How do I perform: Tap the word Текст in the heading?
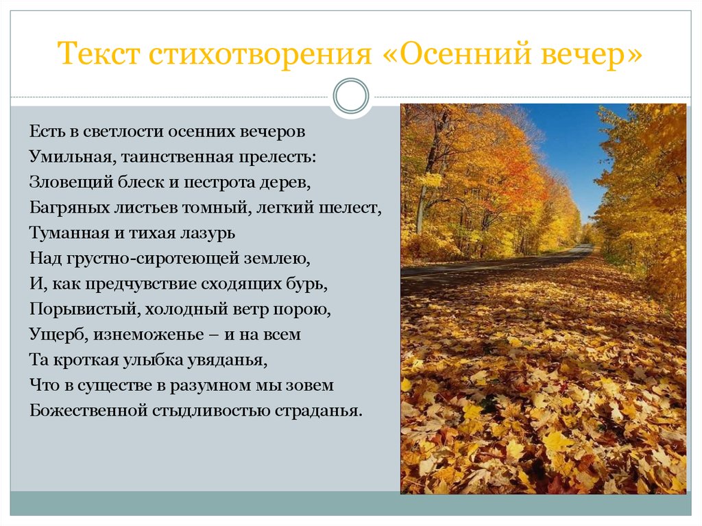point(99,53)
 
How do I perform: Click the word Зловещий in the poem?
point(71,182)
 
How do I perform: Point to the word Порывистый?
point(82,309)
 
